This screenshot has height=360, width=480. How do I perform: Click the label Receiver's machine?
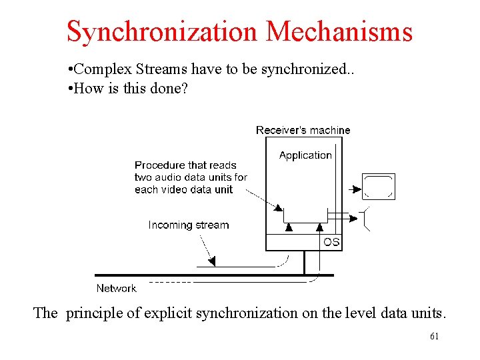[x=303, y=130]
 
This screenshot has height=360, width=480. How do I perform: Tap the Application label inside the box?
[x=305, y=155]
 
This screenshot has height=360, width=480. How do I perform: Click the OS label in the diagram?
[x=331, y=242]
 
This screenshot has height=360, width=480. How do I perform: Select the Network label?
[x=116, y=288]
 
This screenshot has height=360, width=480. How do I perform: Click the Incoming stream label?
[x=188, y=225]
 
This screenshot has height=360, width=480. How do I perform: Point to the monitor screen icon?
[x=379, y=187]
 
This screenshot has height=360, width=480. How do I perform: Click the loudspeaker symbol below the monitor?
[x=364, y=219]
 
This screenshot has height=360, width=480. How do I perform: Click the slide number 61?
[x=434, y=336]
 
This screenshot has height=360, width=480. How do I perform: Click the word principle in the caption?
[x=93, y=313]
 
